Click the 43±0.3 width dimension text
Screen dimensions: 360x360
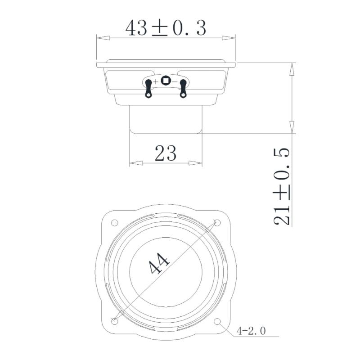coord(166,28)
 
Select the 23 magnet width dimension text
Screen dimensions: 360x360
coord(165,153)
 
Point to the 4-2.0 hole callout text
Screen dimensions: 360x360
coord(251,332)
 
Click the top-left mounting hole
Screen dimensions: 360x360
coord(114,223)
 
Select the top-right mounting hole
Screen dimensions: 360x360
coord(217,223)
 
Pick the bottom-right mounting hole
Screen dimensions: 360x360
coord(217,322)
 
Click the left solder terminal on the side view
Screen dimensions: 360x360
coord(148,87)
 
